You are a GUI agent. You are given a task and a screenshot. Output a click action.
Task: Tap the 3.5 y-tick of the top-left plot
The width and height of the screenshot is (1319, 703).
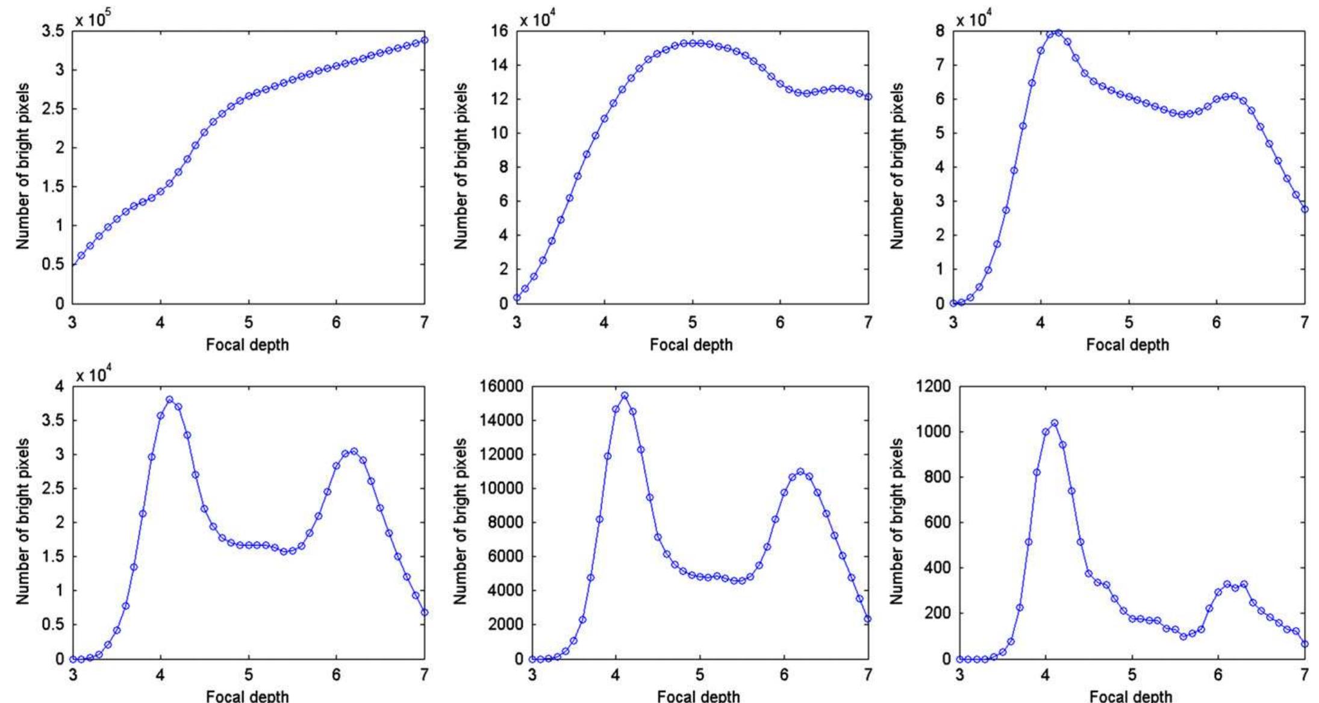[x=53, y=31]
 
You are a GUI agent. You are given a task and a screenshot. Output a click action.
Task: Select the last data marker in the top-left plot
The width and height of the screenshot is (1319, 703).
[x=424, y=40]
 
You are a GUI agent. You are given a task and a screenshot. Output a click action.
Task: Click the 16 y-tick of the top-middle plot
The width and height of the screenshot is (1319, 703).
[x=500, y=31]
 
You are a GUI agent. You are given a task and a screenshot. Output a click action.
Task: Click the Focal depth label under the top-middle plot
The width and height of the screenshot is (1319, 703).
[x=691, y=345]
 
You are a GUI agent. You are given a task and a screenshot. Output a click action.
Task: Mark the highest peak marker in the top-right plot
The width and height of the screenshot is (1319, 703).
[x=1058, y=32]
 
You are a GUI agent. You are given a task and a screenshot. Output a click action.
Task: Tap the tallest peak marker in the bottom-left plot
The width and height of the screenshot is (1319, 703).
[x=169, y=399]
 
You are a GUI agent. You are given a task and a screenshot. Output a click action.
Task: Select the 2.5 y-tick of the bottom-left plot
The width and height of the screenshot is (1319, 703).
[x=53, y=488]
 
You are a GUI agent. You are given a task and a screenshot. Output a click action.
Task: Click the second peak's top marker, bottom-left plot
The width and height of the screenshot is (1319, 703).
[x=354, y=451]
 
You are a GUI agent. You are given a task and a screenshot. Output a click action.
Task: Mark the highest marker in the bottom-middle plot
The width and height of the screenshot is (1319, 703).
[x=625, y=396]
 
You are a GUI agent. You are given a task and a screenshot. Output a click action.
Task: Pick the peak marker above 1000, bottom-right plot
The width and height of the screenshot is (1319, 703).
[x=1055, y=423]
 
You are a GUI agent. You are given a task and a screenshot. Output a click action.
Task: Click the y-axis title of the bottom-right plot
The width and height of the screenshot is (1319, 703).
[x=897, y=521]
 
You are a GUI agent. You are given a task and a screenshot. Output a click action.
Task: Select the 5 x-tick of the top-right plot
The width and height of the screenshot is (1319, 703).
[x=1129, y=322]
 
